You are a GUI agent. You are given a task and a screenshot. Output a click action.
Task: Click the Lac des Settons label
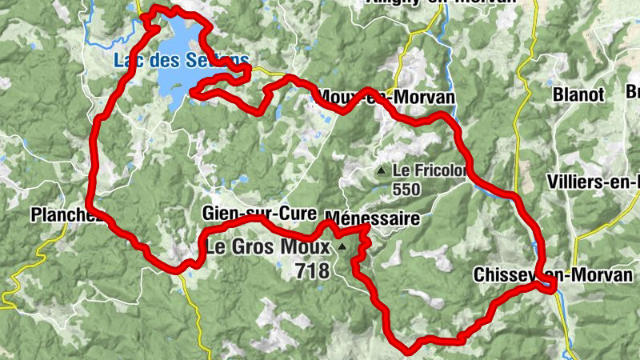tap(182, 60)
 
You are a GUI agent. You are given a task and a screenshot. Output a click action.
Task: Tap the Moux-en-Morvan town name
tap(386, 97)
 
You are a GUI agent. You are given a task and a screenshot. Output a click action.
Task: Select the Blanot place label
tap(578, 94)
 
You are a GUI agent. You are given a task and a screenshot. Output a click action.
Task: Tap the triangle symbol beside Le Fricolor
tap(382, 170)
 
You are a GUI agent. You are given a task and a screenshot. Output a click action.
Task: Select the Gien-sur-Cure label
tap(259, 214)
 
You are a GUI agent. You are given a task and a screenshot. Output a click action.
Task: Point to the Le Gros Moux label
tap(268, 247)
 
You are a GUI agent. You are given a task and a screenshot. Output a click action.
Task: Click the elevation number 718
tap(312, 271)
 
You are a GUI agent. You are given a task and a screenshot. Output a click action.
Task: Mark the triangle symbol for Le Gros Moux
tap(342, 247)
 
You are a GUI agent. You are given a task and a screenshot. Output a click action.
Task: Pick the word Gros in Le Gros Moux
tap(257, 247)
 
